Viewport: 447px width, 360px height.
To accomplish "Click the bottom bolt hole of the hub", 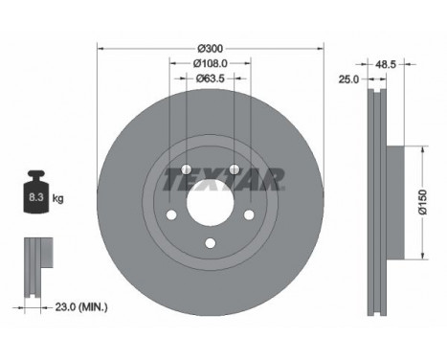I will pyautogui.click(x=211, y=242).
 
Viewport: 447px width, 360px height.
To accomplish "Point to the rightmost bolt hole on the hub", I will pyautogui.click(x=250, y=213).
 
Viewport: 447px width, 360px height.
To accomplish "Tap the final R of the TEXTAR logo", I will pyautogui.click(x=275, y=177).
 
